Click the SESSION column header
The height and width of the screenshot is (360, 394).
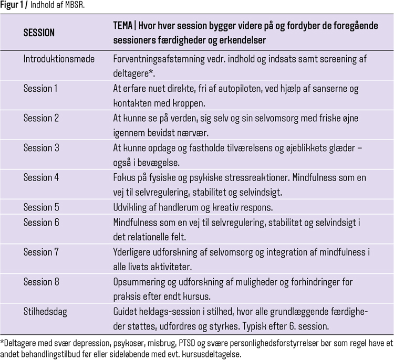tap(39, 33)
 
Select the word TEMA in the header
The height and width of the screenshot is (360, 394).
tap(123, 26)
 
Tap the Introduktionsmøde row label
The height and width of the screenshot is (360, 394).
tap(59, 59)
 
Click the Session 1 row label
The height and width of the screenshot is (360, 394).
tap(40, 89)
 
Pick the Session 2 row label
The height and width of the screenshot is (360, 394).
tap(42, 118)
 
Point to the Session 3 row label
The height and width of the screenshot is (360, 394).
tap(42, 147)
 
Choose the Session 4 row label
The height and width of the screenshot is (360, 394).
tap(42, 177)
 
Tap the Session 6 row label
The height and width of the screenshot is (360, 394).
tap(42, 223)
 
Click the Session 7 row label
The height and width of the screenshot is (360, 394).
tap(42, 252)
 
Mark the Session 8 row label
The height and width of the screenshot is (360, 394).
tap(42, 282)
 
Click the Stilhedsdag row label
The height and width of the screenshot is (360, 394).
tap(45, 312)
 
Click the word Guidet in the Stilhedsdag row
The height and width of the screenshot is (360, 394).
tap(126, 312)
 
